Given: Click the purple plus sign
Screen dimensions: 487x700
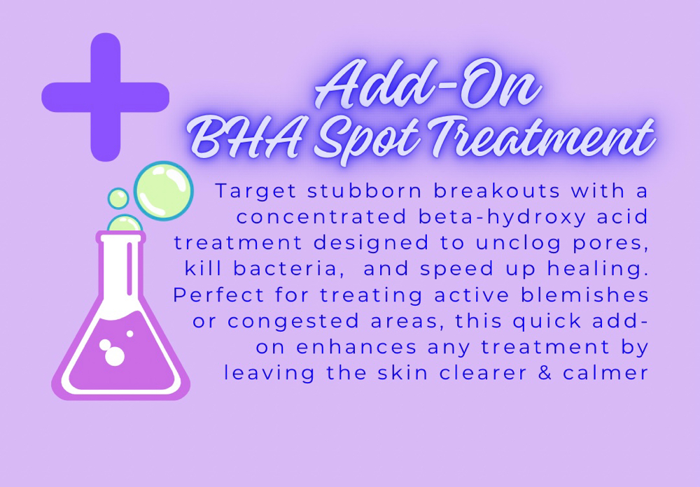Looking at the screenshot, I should point(106,97).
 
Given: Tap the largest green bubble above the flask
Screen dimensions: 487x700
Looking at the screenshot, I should point(163,190).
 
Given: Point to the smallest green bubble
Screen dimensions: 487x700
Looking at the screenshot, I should point(118,198).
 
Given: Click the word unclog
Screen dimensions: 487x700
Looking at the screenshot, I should point(514,243).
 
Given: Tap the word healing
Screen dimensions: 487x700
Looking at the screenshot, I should point(598,269).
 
